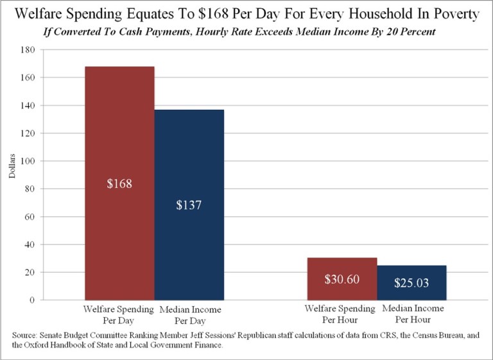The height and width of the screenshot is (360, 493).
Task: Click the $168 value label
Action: (119, 184)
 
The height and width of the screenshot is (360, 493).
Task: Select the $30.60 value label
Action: (342, 280)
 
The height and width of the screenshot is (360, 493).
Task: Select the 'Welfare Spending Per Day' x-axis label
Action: (119, 313)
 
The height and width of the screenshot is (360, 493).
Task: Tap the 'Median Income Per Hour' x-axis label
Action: (411, 313)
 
